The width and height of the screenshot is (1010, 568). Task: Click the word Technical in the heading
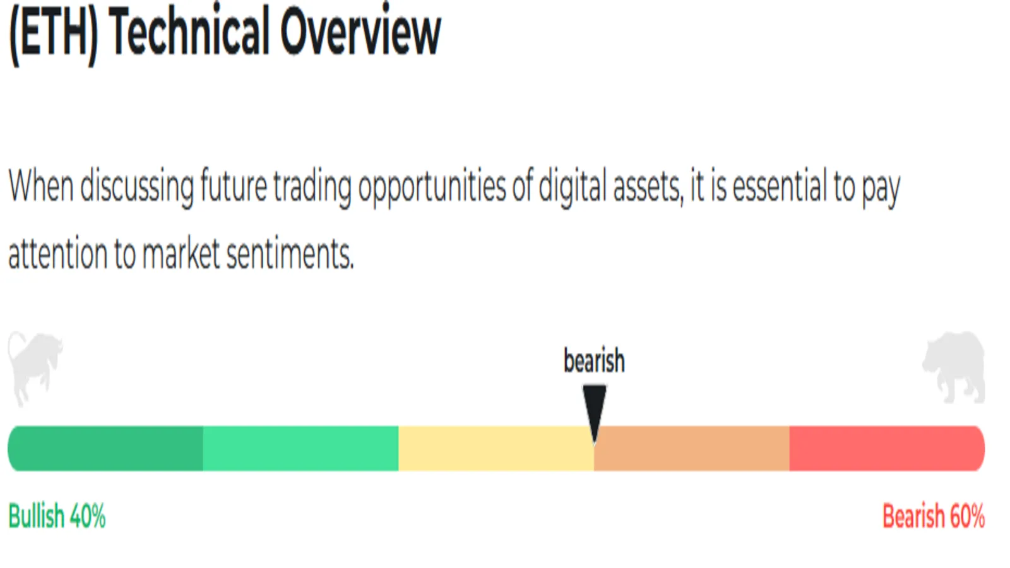(189, 32)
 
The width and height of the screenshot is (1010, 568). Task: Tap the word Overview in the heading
(360, 32)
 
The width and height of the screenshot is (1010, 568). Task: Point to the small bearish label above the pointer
(594, 360)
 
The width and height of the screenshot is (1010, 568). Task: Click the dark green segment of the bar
(105, 449)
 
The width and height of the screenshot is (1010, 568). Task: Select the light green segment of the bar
(300, 449)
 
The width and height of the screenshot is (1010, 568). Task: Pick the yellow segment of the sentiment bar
(496, 449)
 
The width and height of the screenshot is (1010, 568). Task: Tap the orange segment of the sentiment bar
(692, 449)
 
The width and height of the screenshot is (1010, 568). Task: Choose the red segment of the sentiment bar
(887, 449)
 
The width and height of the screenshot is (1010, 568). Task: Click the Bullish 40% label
(57, 516)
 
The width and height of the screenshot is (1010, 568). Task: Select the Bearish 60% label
(934, 516)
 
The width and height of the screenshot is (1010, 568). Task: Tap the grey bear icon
(954, 367)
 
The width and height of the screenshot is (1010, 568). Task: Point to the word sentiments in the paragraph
(290, 254)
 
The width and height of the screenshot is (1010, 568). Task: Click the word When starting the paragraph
(41, 185)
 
